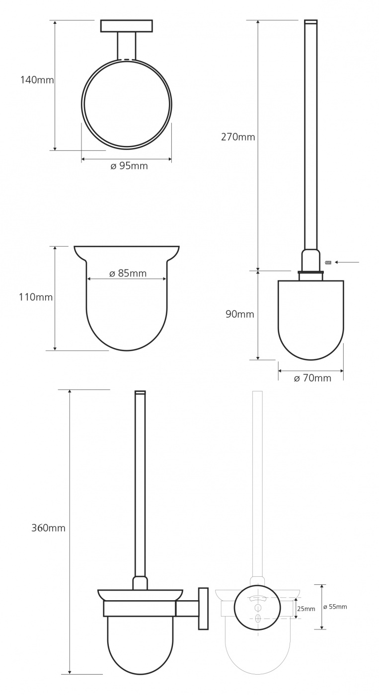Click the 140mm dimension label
pos(37,80)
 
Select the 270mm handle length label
pos(238,137)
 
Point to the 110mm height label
pos(36,297)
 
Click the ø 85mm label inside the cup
pos(128,274)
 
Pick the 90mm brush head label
pos(239,314)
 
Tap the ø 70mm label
pos(312,378)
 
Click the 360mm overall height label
pos(48,528)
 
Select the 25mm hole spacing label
pos(306,609)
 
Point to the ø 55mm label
pos(335,607)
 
